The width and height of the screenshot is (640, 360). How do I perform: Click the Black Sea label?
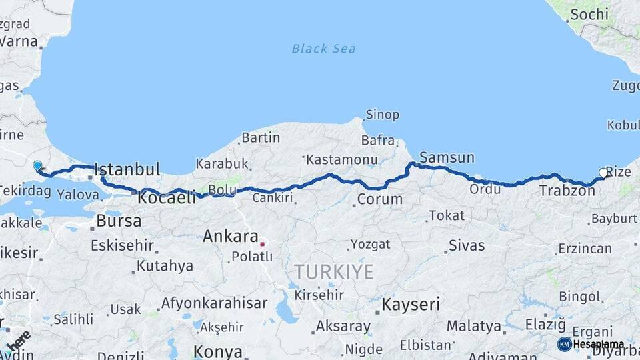click(323, 49)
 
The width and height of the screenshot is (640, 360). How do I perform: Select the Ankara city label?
click(230, 236)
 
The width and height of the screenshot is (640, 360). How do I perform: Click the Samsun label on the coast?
click(447, 158)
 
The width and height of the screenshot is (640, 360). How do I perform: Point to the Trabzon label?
click(567, 191)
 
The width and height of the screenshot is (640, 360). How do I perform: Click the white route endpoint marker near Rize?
click(603, 173)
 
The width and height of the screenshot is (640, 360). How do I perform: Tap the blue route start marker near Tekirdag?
click(37, 165)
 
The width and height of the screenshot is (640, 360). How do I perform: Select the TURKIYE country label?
click(334, 271)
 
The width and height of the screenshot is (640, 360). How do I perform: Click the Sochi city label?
click(589, 14)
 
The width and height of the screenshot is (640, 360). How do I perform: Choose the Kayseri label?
click(410, 305)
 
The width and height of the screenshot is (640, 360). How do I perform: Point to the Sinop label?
click(382, 115)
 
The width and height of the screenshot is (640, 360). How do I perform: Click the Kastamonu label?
click(342, 160)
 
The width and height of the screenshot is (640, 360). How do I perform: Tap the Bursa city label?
click(119, 221)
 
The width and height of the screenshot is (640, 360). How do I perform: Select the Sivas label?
click(467, 245)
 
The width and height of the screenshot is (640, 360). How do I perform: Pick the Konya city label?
click(218, 351)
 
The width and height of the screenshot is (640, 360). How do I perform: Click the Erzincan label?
click(585, 249)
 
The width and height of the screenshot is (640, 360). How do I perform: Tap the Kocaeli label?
click(167, 197)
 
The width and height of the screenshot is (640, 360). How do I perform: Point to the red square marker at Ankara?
click(262, 244)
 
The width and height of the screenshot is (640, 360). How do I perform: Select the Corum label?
click(380, 199)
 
